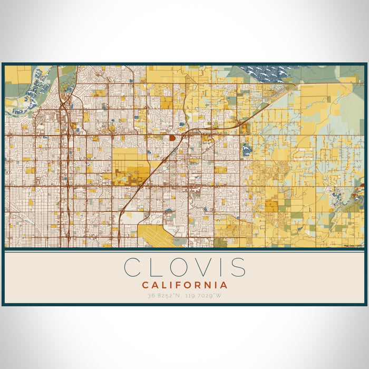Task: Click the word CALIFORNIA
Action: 184,285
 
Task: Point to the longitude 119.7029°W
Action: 205,296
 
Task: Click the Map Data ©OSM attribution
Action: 353,246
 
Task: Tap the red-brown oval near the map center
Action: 172,138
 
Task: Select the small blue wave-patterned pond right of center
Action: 246,150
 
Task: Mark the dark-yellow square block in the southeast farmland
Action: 271,206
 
